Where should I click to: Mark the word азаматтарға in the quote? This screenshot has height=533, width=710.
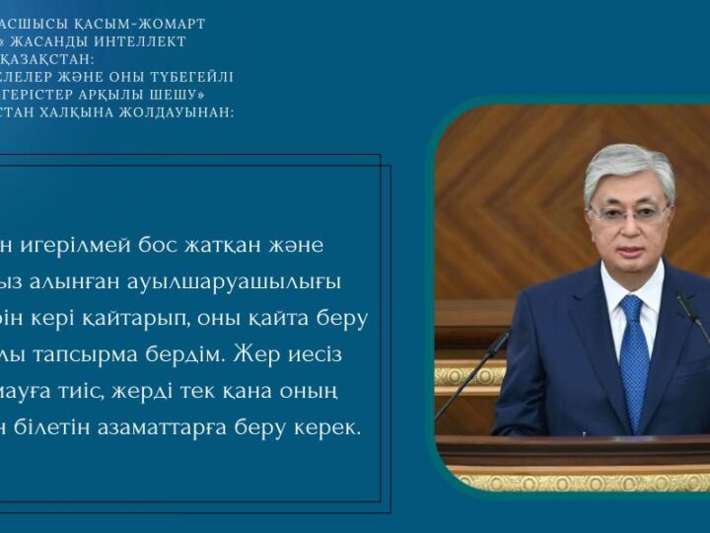[166, 429]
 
